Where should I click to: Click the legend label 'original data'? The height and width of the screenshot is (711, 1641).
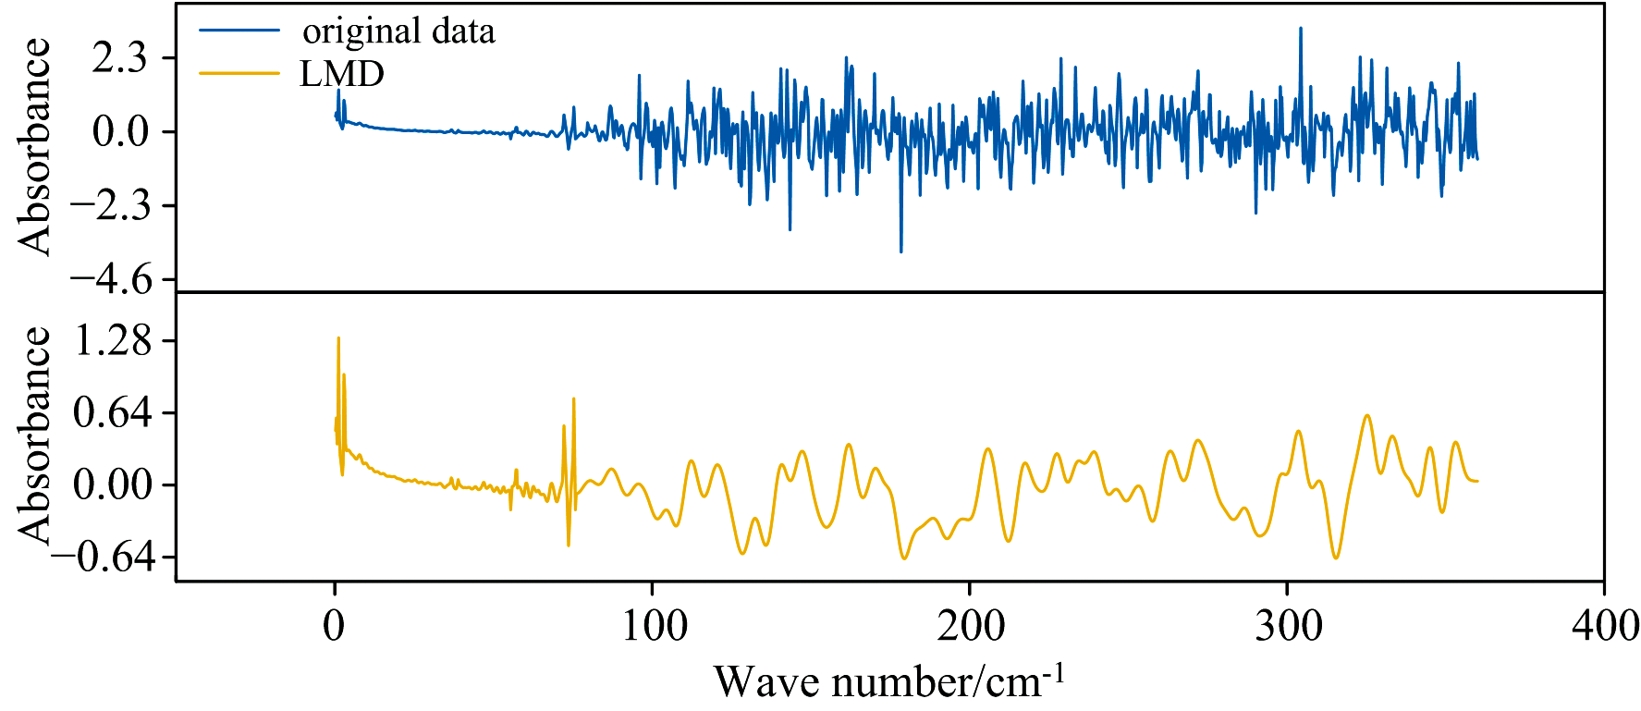(398, 31)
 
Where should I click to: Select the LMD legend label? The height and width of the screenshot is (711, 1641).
(342, 74)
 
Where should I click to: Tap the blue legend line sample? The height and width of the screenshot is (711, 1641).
(239, 31)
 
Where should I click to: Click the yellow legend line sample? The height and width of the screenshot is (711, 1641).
(239, 73)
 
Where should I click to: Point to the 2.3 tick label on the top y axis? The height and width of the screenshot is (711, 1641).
(119, 58)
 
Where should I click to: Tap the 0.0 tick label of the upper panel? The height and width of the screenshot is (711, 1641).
(120, 132)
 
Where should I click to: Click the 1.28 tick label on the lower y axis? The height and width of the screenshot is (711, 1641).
(113, 341)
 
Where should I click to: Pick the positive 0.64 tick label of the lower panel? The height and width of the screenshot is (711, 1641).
(113, 412)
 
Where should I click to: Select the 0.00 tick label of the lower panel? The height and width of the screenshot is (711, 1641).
(113, 484)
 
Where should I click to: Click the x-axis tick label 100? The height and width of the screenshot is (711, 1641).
(653, 627)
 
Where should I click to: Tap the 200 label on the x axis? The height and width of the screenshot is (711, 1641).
(970, 627)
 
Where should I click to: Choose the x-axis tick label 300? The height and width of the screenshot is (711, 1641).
(1288, 627)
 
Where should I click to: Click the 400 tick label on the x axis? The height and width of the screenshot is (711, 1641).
(1605, 627)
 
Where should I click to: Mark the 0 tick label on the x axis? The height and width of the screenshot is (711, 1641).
(335, 627)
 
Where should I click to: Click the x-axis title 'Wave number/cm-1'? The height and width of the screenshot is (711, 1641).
(889, 682)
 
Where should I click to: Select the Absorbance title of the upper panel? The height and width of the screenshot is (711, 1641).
(35, 146)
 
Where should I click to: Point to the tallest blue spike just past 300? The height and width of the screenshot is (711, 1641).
(1301, 30)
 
